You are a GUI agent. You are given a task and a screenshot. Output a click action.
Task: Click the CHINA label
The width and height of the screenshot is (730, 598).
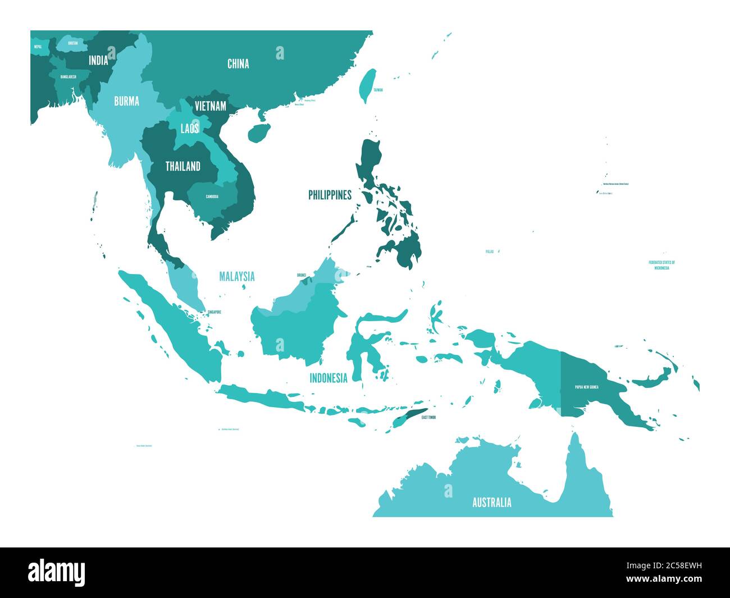tap(238, 64)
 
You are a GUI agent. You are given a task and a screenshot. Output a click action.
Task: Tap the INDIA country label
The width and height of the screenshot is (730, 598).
tap(98, 61)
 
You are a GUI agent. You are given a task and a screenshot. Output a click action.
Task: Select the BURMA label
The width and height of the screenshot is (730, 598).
tap(126, 102)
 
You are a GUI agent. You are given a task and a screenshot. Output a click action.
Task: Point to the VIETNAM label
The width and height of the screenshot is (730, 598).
tap(211, 106)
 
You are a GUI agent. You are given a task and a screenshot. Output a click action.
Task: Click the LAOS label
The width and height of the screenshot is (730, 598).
tap(189, 129)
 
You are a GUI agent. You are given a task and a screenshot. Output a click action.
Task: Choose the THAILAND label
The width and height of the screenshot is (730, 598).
tap(182, 166)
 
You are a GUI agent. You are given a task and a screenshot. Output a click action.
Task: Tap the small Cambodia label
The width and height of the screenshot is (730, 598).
tap(212, 197)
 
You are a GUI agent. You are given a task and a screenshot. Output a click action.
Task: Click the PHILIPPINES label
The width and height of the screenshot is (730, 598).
tap(330, 195)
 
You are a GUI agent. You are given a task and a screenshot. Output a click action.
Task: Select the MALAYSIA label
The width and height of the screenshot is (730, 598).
tap(236, 276)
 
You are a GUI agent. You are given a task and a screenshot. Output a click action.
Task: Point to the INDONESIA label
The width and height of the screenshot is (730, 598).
tap(328, 378)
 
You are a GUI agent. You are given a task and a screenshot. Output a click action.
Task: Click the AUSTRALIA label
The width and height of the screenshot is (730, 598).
tap(491, 502)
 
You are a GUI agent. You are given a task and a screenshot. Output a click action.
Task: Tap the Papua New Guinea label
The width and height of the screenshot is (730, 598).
tap(586, 387)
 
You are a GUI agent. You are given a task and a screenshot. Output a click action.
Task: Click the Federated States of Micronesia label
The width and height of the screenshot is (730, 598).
tap(661, 265)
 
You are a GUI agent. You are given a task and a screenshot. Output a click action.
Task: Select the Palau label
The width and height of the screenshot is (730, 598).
tap(490, 252)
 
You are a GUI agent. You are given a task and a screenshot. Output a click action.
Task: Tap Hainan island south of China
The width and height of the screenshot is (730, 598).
tap(258, 133)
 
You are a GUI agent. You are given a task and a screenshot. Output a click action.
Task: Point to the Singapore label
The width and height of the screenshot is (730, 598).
tap(213, 312)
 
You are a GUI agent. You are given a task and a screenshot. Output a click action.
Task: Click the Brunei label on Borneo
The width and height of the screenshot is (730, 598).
tap(302, 276)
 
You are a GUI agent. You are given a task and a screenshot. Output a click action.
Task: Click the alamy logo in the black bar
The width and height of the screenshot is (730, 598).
tap(57, 572)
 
